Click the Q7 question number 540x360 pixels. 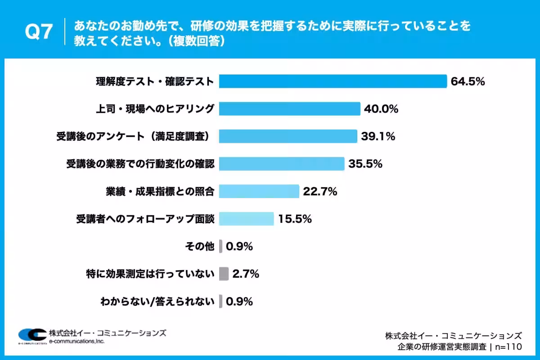pos(39,31)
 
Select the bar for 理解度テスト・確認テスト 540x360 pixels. pos(333,81)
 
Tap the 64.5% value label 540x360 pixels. pos(468,81)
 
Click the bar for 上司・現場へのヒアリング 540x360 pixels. pos(290,109)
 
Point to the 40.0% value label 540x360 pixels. pos(381,109)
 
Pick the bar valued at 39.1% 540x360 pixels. pos(288,136)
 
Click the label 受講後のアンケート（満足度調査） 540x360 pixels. pos(133,136)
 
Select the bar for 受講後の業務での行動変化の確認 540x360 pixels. pos(282,164)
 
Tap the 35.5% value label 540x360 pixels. pos(365,164)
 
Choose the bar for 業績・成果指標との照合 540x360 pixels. pos(259,191)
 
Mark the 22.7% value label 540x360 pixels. pos(320,191)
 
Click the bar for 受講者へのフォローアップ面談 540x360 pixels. pos(247,219)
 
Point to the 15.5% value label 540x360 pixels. pos(295,219)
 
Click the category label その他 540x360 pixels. pos(200,247)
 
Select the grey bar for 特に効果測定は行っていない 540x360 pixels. pos(224,274)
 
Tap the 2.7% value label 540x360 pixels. pos(246,274)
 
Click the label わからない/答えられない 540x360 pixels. pos(157,301)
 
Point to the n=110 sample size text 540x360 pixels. pos(508,347)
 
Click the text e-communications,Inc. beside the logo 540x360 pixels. pos(76,341)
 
